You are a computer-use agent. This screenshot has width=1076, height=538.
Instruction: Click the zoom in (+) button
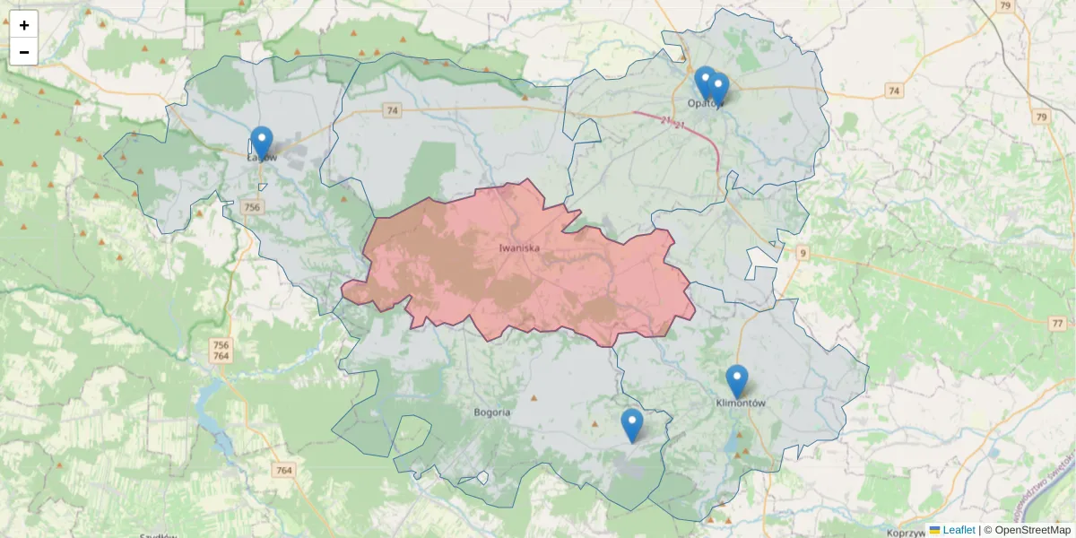(24, 25)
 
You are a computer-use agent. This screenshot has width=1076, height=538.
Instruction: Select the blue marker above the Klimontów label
(736, 381)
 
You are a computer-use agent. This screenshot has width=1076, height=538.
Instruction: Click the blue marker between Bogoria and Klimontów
(631, 425)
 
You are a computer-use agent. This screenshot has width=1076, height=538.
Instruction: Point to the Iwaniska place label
(519, 247)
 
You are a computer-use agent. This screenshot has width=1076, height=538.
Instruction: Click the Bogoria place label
(491, 412)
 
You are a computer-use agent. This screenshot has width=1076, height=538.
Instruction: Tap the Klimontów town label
(741, 403)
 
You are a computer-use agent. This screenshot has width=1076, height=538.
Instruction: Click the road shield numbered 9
(802, 254)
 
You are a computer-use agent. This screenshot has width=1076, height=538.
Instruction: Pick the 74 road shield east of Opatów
(893, 91)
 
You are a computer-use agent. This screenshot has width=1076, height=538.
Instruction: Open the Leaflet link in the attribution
(958, 530)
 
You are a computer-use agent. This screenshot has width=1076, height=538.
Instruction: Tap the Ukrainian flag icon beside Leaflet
(934, 530)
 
